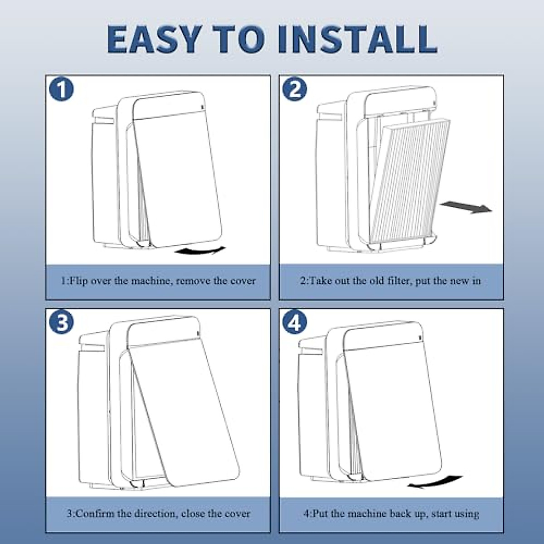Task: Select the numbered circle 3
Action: [61, 323]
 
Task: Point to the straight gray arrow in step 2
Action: [466, 208]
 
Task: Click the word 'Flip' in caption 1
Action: [80, 281]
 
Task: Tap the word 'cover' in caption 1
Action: [243, 281]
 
